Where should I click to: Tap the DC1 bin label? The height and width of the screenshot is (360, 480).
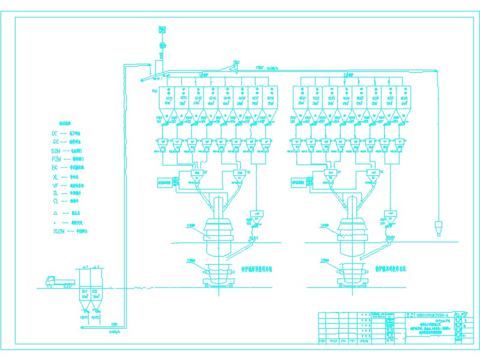85,291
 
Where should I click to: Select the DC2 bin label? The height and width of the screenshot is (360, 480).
95,291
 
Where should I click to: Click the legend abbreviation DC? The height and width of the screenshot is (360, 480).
55,133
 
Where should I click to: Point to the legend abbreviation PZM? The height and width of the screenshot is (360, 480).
56,159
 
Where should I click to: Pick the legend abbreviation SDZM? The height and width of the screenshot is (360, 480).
58,230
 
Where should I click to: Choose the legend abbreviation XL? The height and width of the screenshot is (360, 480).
55,177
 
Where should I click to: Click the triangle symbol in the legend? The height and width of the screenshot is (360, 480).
55,212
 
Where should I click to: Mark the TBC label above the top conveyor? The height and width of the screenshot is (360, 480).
237,62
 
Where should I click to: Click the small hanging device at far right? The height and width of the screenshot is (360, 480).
438,228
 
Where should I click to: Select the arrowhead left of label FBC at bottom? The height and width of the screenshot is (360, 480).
80,328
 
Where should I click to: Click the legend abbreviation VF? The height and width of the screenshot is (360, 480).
55,185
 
